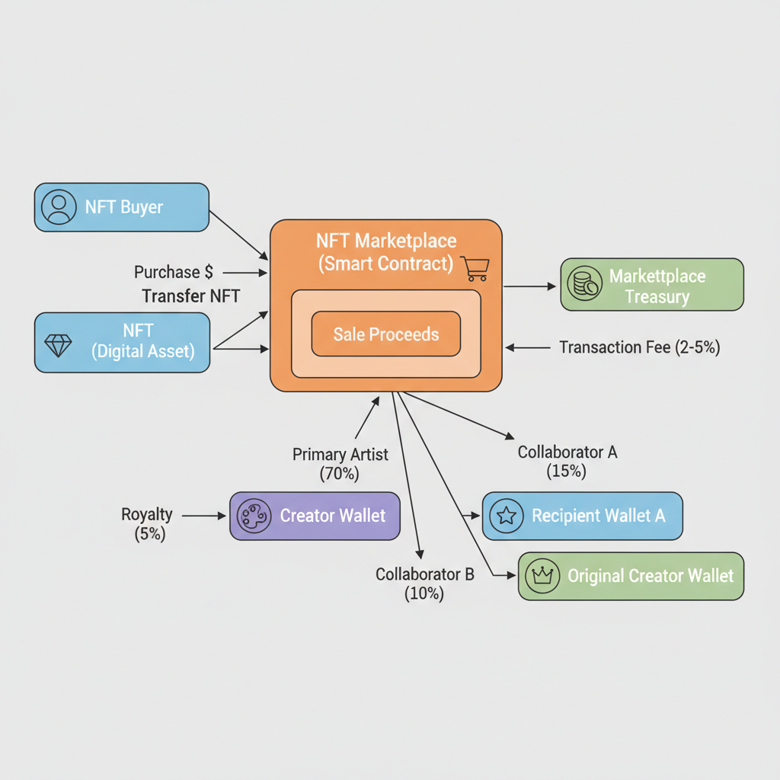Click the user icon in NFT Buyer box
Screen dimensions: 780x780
[x=59, y=206]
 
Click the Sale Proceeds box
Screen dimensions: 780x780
[x=386, y=334]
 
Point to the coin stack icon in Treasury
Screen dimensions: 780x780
[x=585, y=284]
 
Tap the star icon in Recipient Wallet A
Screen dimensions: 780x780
[x=507, y=516]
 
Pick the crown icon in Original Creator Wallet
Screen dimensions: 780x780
[x=542, y=577]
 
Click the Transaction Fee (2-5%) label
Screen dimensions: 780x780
[x=639, y=347]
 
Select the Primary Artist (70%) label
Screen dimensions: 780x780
[x=340, y=463]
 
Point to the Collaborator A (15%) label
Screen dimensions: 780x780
[x=567, y=461]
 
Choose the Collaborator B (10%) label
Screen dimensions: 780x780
[x=424, y=583]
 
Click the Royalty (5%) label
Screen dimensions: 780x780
[x=147, y=523]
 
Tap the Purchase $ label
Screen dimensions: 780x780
[x=174, y=272]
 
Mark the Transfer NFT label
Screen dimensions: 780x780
[x=190, y=296]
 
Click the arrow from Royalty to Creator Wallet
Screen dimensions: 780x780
[x=205, y=516]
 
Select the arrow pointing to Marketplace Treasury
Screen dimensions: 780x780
[x=530, y=286]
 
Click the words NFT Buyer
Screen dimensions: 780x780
[x=123, y=206]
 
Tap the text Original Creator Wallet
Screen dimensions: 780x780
[x=651, y=576]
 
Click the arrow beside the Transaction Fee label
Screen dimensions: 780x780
[x=528, y=347]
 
